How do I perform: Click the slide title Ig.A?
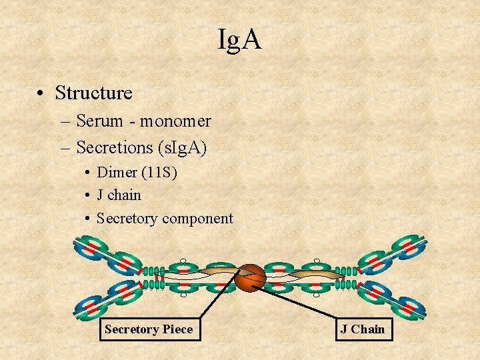pyautogui.click(x=239, y=41)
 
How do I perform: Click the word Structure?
pyautogui.click(x=93, y=93)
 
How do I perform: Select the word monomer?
pyautogui.click(x=175, y=121)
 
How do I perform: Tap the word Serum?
pyautogui.click(x=100, y=121)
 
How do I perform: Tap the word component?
pyautogui.click(x=197, y=218)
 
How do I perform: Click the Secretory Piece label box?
pyautogui.click(x=149, y=329)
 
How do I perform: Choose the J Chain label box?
pyautogui.click(x=363, y=329)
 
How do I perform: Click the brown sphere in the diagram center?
pyautogui.click(x=251, y=277)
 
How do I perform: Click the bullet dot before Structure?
pyautogui.click(x=41, y=93)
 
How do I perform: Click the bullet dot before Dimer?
pyautogui.click(x=88, y=173)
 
